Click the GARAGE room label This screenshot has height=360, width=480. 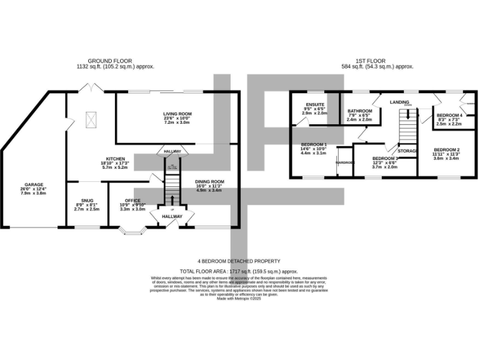tap(34, 185)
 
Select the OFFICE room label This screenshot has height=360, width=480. tap(132, 201)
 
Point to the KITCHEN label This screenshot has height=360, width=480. tap(115, 159)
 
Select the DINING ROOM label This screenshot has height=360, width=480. tap(208, 182)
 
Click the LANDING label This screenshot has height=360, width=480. tap(400, 101)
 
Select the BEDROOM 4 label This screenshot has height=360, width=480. tap(449, 116)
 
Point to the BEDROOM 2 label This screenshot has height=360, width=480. tap(447, 149)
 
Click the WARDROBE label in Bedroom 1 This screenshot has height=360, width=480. tap(344, 162)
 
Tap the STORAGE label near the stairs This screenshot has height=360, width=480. tap(408, 151)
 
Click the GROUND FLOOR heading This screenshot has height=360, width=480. tap(116, 61)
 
